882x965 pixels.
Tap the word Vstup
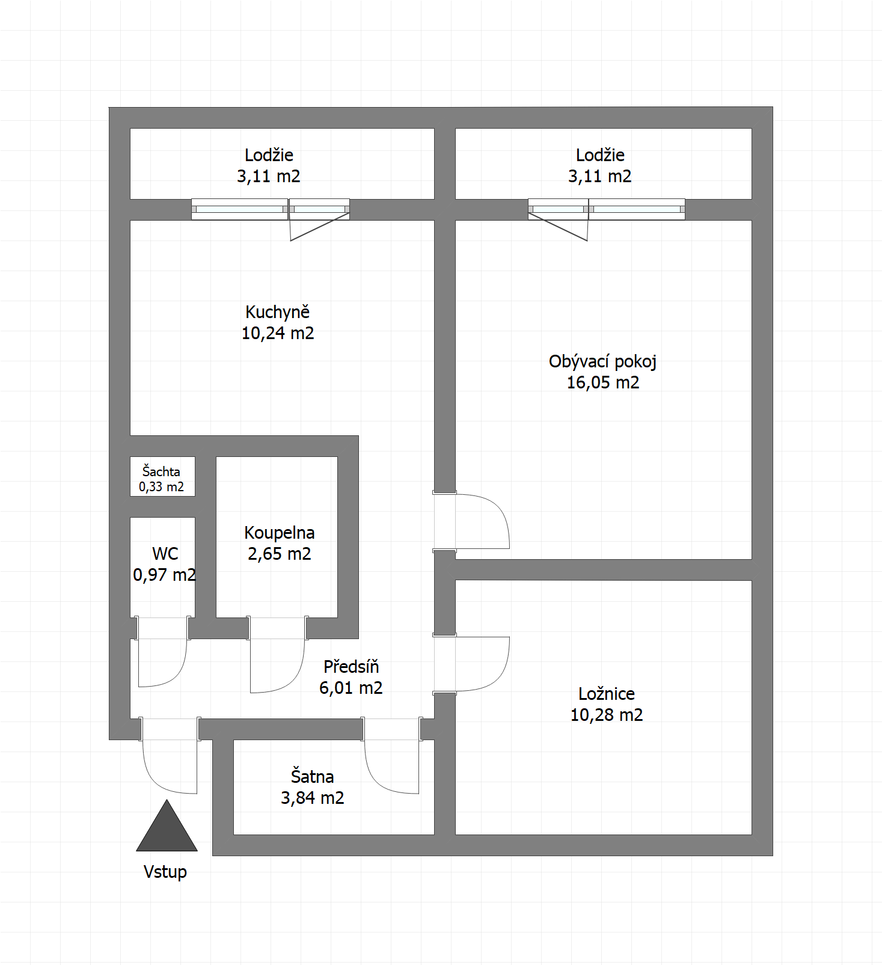[165, 872]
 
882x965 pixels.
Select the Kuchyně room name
[278, 313]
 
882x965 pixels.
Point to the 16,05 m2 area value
[603, 382]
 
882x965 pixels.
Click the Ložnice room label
[607, 694]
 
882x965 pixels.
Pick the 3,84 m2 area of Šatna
[313, 798]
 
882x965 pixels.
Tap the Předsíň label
[351, 667]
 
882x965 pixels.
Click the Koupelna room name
[280, 533]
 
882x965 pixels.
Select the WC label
[165, 554]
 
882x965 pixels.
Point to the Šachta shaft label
[161, 471]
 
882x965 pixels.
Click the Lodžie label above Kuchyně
[269, 155]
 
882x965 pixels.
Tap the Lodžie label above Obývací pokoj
[600, 155]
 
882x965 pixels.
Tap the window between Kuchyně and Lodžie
[271, 209]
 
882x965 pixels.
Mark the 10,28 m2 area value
[607, 715]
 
